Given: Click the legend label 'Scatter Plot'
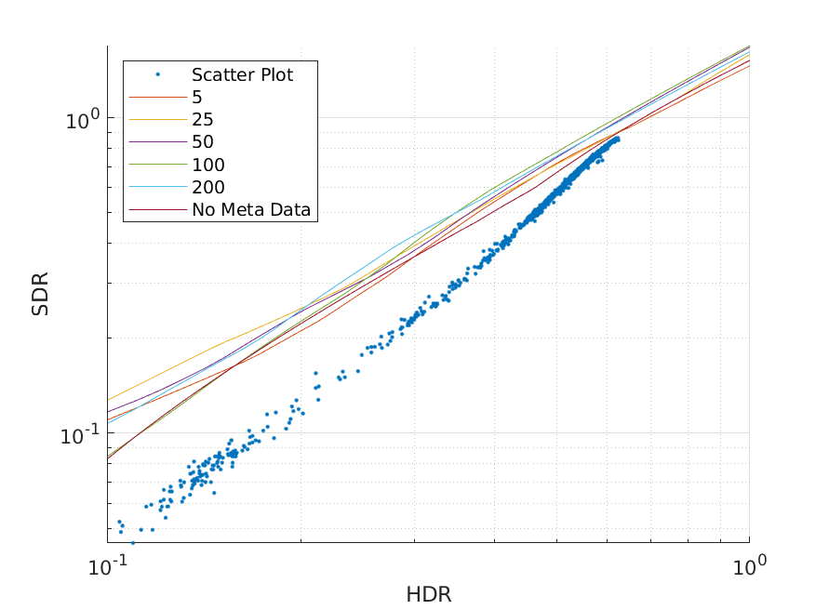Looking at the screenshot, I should coord(242,75).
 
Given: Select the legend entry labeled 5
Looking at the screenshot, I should coord(197,98).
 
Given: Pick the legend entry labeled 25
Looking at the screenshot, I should coord(203,120).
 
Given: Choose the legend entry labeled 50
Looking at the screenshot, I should coord(203,142).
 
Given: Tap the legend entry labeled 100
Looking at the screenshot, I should coord(208,165).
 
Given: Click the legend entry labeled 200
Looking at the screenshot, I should coord(208,187).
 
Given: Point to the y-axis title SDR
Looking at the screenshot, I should coord(40,294).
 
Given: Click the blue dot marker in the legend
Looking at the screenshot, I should coord(157,74).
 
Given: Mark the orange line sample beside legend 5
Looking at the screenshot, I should coord(157,98).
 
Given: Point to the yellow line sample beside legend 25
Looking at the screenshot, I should coord(157,120).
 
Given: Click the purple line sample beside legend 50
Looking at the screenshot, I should coord(157,142).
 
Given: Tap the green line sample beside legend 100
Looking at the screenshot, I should coord(157,165).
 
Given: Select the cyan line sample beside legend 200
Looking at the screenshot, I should coord(157,187).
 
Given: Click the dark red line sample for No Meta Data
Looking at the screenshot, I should coord(157,210).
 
